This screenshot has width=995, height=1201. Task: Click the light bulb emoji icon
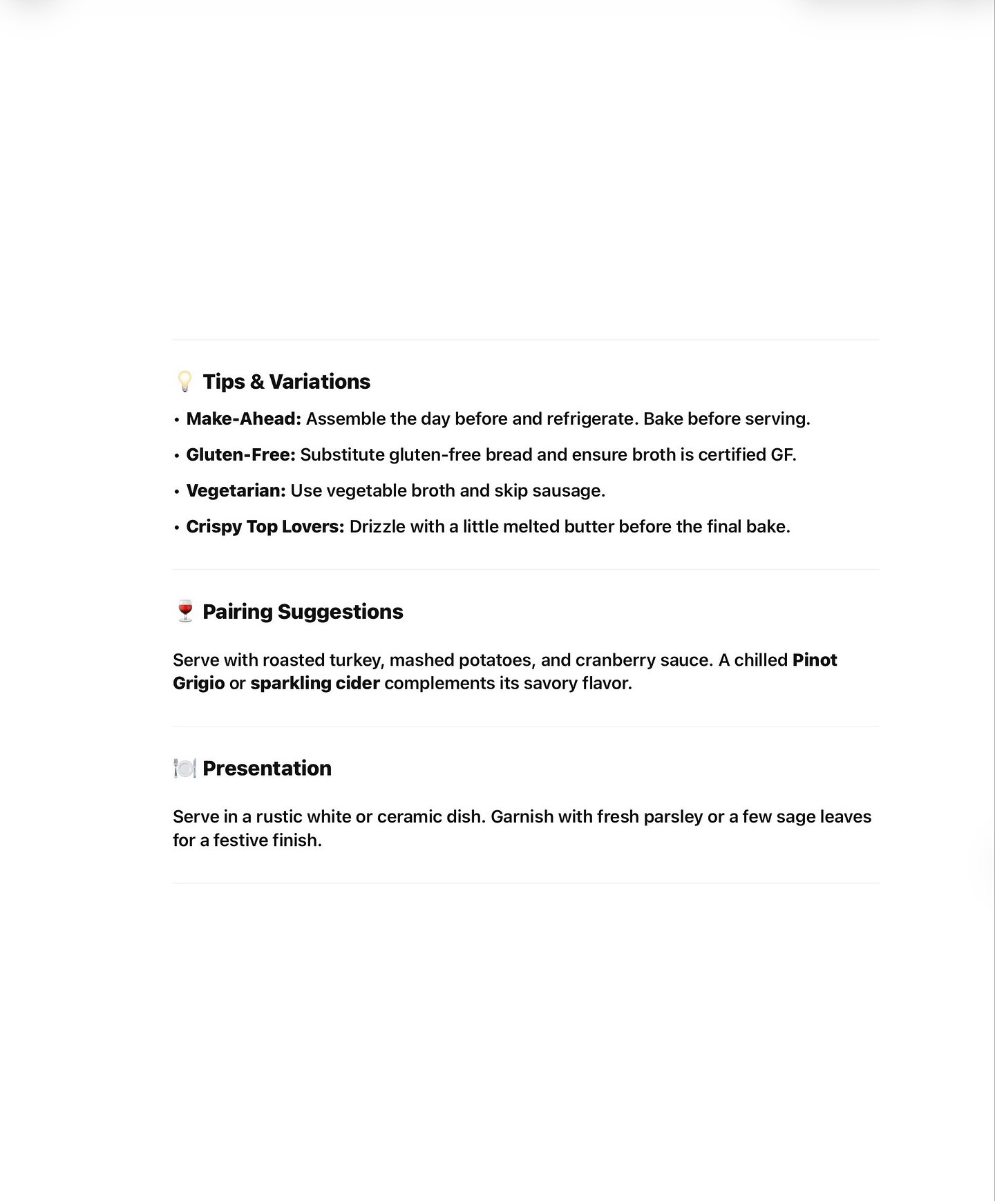coord(184,381)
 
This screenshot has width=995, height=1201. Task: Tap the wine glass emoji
coord(184,611)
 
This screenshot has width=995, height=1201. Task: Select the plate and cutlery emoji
coord(184,768)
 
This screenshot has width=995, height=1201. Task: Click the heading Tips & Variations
coord(286,381)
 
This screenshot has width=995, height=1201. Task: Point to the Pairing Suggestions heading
coord(303,611)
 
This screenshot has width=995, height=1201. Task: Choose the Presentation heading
coord(267,768)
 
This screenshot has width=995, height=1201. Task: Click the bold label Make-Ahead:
coord(243,419)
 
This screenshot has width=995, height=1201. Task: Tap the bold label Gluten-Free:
coord(240,454)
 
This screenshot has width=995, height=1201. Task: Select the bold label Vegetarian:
coord(236,490)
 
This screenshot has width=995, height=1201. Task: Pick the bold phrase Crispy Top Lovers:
coord(265,526)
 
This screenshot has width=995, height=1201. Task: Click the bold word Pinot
coord(815,660)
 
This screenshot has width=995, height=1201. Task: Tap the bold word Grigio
coord(198,683)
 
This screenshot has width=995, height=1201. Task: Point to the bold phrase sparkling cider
coord(314,683)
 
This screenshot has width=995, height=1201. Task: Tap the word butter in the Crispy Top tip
coord(589,526)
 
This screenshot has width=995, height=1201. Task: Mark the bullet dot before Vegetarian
coord(177,491)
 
